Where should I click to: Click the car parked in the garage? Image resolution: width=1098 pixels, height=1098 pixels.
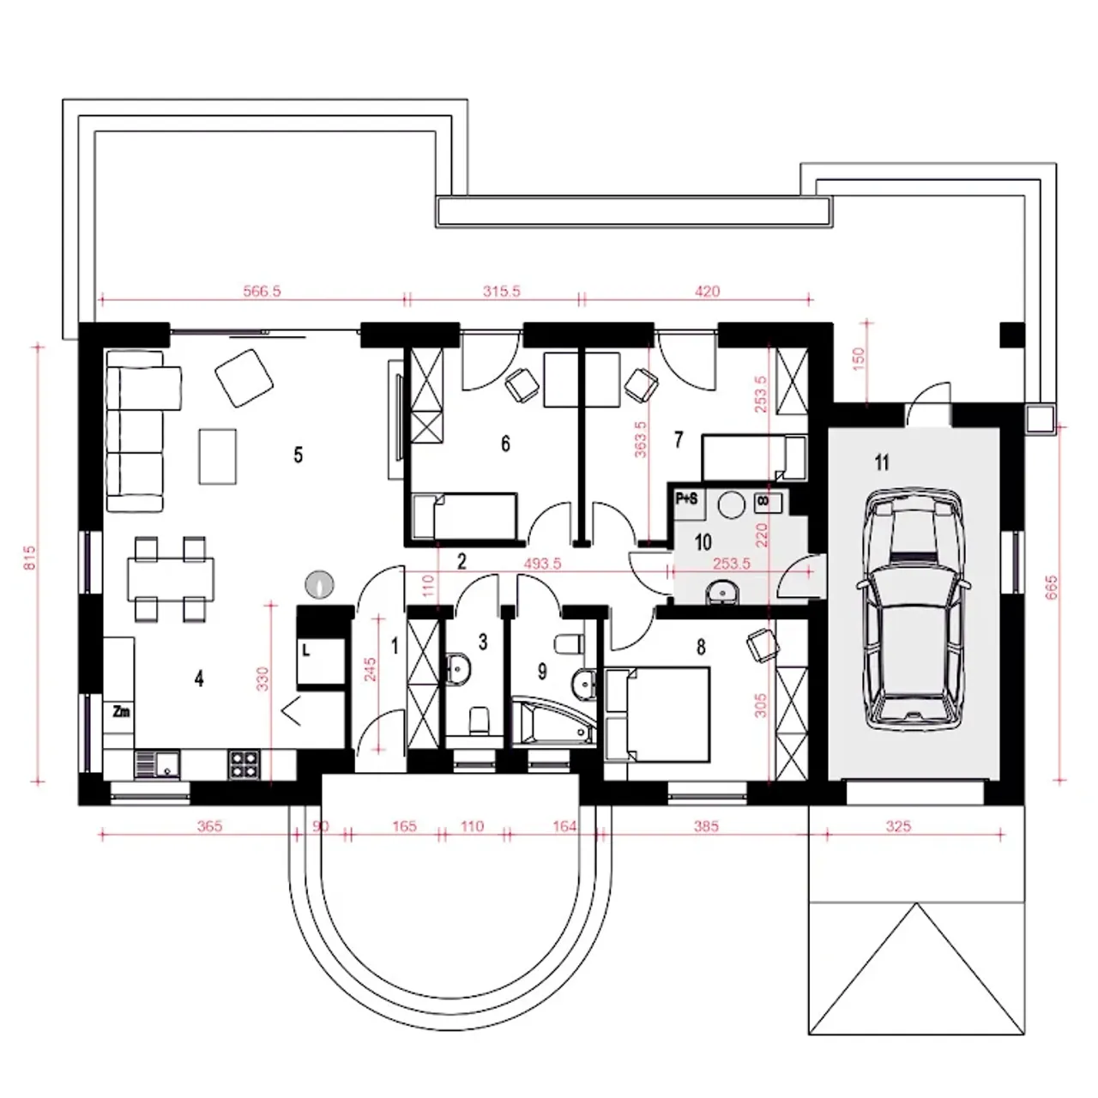914,608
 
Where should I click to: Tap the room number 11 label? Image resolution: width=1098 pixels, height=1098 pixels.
882,462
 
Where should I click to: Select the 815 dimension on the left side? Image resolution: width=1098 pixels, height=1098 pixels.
30,558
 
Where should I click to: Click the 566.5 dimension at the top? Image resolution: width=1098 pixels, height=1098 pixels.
262,291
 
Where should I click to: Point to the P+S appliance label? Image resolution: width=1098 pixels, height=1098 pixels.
686,499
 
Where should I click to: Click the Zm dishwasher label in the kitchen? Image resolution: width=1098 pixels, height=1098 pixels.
121,712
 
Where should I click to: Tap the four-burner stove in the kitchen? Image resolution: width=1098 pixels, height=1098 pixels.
244,764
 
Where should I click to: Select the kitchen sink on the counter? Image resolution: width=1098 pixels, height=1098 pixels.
157,764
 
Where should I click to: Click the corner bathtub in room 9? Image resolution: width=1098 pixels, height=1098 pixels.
552,721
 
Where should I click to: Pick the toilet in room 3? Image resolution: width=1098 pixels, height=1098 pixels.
480,721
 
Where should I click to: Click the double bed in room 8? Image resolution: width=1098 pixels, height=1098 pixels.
658,715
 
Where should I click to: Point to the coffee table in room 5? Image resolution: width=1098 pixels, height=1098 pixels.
218,456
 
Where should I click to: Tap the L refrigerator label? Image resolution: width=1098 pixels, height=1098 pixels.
306,650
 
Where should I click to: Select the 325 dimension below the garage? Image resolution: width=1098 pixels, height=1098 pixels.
899,826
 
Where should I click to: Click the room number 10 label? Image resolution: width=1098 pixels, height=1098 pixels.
703,542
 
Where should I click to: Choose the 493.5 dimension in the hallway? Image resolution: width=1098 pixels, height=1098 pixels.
542,564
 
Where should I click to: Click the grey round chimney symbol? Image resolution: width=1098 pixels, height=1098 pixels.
320,584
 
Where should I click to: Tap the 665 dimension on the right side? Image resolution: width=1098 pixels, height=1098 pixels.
1052,587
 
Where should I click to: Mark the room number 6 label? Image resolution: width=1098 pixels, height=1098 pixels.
505,443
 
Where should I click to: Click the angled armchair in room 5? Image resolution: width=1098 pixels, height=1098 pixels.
244,377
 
